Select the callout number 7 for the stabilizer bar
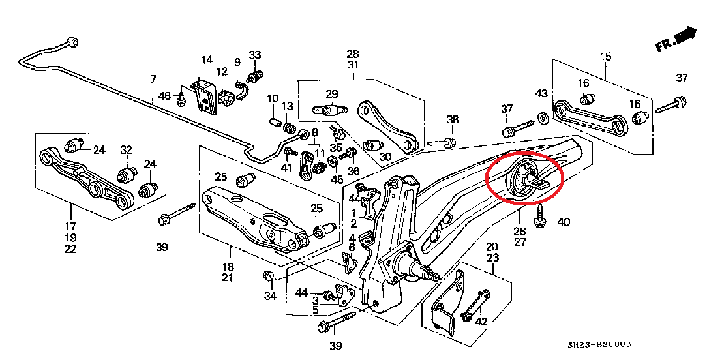pos(153,80)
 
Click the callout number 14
pos(207,59)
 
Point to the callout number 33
pos(255,55)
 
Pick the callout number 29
pos(332,93)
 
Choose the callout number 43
pos(542,93)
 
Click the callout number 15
pos(606,57)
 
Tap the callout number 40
pos(564,222)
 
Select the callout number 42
pos(482,321)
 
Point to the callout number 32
pos(127,150)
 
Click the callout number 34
pos(270,297)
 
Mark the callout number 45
pos(337,180)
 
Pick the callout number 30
pos(385,157)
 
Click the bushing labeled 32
pos(127,175)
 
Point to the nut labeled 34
pos(268,277)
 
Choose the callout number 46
pos(165,97)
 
